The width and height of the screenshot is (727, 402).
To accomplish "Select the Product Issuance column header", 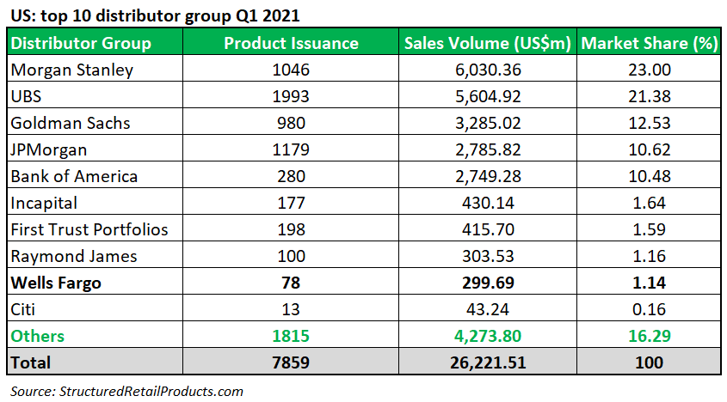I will (x=291, y=43).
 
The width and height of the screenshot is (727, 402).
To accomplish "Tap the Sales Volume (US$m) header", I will (x=488, y=43).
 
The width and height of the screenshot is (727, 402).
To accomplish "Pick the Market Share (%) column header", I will (x=650, y=43).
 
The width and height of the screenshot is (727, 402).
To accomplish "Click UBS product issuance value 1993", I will (x=291, y=96).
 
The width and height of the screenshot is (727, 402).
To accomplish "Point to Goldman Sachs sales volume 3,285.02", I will (x=488, y=123).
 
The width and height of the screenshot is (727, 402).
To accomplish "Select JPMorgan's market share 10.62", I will (x=650, y=149).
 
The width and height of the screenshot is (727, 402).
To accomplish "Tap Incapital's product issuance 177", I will (x=291, y=203).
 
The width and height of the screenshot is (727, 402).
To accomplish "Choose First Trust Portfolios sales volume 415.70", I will (x=488, y=229).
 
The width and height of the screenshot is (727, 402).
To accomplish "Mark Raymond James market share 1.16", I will (x=650, y=256).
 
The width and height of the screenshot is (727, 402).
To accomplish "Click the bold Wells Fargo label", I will (x=55, y=283).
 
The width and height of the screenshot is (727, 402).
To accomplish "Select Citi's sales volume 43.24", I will (x=488, y=309).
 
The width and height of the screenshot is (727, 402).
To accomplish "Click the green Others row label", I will (x=37, y=336).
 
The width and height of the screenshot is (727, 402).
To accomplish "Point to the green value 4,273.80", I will (x=488, y=336).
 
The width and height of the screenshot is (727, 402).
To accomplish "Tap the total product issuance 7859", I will (x=291, y=362).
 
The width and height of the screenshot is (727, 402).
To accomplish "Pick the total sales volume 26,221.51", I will (x=488, y=362).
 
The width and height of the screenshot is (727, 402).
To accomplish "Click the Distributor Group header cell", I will (x=81, y=43).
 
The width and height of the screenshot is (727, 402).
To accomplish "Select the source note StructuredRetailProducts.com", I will (x=126, y=391).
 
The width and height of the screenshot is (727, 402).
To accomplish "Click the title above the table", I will (x=155, y=15).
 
